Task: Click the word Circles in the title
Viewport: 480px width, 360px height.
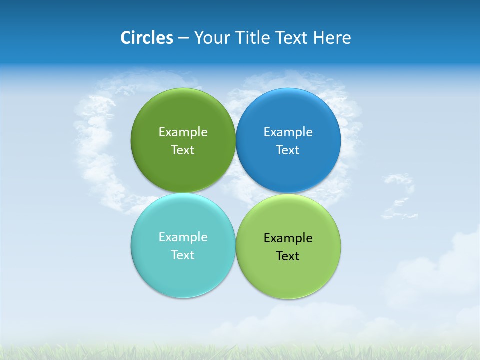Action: pos(146,38)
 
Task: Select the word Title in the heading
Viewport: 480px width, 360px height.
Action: pos(255,38)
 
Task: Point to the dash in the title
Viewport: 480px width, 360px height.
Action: pos(183,38)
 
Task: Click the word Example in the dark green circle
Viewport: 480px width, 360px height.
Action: pos(183,132)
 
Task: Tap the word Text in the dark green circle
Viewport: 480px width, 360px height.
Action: pos(183,150)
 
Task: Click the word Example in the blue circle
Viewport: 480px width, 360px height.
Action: pos(288,132)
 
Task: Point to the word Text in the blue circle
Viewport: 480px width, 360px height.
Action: pos(288,150)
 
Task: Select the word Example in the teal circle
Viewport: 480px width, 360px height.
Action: pos(183,237)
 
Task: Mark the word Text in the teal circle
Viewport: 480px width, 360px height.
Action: pos(183,255)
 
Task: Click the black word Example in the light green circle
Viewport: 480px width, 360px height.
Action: pos(288,238)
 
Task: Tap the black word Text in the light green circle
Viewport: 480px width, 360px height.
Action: pos(288,256)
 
